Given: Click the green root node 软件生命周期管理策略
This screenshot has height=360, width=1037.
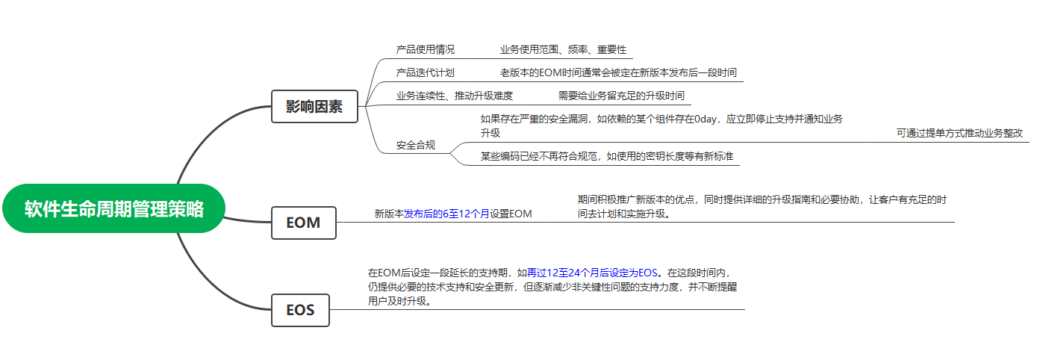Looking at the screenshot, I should pyautogui.click(x=114, y=208).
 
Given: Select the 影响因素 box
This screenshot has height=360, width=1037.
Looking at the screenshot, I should pyautogui.click(x=314, y=106).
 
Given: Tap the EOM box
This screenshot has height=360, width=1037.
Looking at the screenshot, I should pyautogui.click(x=303, y=223).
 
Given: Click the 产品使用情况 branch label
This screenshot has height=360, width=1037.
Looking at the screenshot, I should pyautogui.click(x=425, y=50).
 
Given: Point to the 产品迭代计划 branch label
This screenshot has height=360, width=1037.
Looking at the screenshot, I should pyautogui.click(x=425, y=73).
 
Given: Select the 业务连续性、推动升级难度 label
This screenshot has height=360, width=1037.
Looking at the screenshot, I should pyautogui.click(x=454, y=96).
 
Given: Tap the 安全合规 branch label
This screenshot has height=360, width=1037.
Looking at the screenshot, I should pyautogui.click(x=415, y=145).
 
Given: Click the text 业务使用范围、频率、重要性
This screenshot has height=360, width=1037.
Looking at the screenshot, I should pyautogui.click(x=563, y=50).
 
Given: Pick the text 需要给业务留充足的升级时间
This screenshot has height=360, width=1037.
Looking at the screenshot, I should pyautogui.click(x=620, y=96).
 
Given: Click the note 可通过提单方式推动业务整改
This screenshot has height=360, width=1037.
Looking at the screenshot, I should pyautogui.click(x=959, y=133).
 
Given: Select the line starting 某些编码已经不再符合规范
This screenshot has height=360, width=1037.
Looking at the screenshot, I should pyautogui.click(x=606, y=156).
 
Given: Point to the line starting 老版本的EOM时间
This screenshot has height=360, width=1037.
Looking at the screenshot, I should pyautogui.click(x=618, y=73).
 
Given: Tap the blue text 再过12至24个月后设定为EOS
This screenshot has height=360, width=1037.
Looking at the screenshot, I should pyautogui.click(x=594, y=273).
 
